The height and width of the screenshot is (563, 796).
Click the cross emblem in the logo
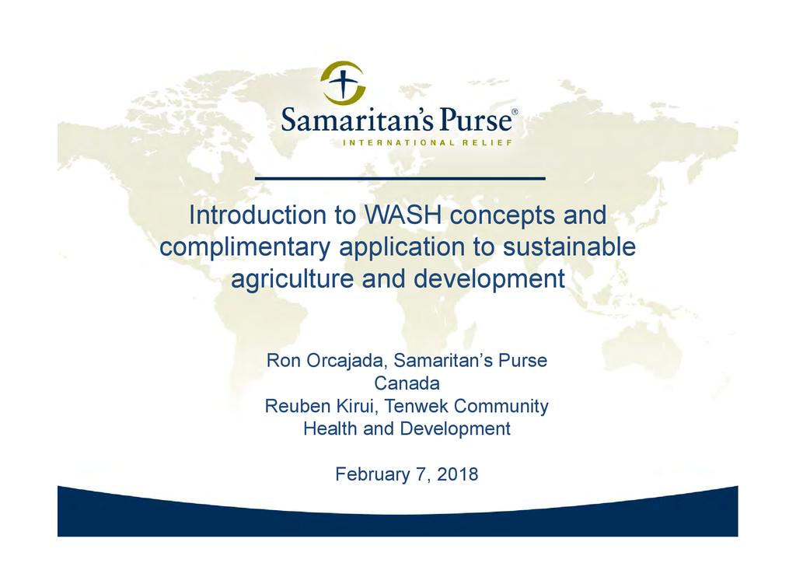pyautogui.click(x=343, y=82)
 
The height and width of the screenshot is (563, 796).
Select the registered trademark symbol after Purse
pyautogui.click(x=515, y=111)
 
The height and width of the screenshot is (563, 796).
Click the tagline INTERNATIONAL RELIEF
pyautogui.click(x=428, y=142)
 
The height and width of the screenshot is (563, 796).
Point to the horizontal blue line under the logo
pyautogui.click(x=400, y=178)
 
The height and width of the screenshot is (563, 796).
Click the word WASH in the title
pyautogui.click(x=403, y=215)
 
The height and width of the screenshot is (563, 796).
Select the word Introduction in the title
pyautogui.click(x=257, y=215)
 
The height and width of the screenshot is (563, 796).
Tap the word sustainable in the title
pyautogui.click(x=569, y=247)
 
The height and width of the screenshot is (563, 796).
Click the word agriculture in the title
pyautogui.click(x=292, y=279)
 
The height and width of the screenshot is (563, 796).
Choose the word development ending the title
pyautogui.click(x=490, y=279)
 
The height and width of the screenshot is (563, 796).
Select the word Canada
pyautogui.click(x=407, y=383)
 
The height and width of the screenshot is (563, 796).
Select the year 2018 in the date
pyautogui.click(x=457, y=474)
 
